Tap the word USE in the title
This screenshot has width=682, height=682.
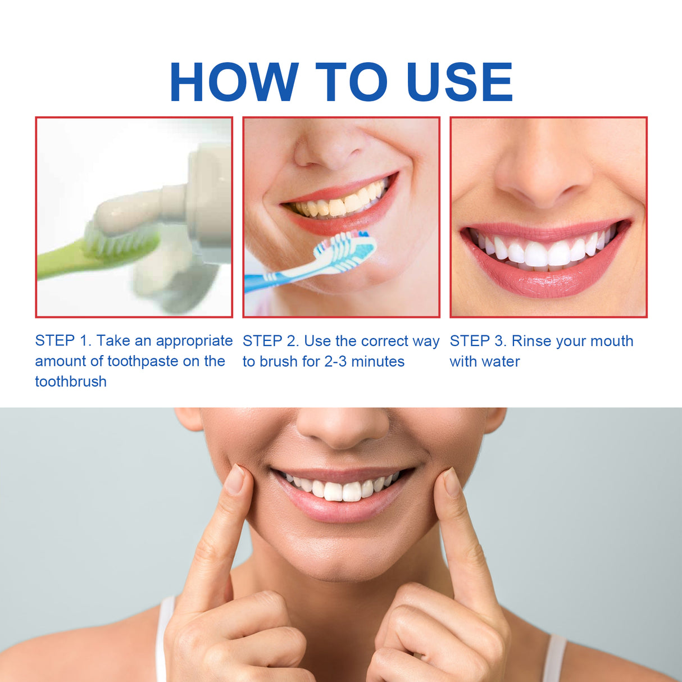[x=459, y=82]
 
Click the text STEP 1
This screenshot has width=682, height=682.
[x=62, y=340]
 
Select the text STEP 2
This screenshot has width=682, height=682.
[x=270, y=341]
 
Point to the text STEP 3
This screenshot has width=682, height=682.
[x=478, y=341]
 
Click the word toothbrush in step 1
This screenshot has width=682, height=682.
[x=71, y=381]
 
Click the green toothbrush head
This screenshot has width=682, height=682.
[x=121, y=243]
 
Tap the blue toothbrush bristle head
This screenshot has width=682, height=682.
[x=345, y=248]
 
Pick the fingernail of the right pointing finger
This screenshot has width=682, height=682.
[x=451, y=482]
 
